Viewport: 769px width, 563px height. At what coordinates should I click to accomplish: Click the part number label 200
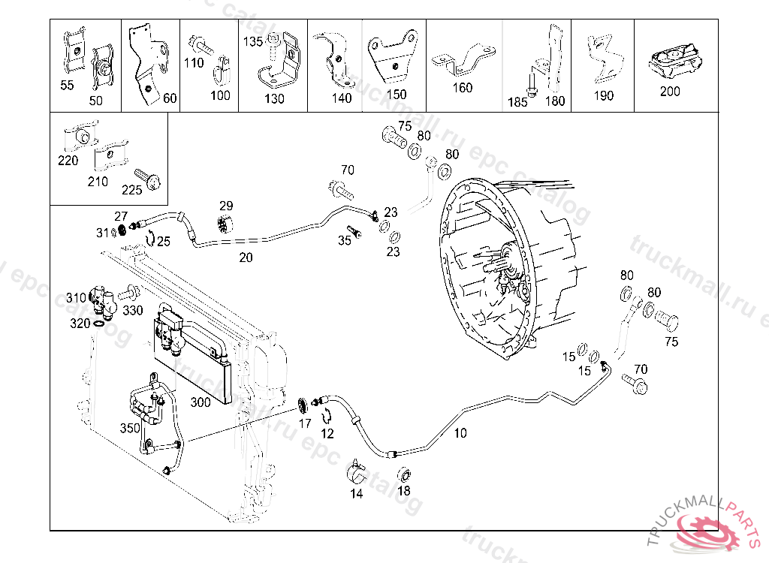click(x=670, y=92)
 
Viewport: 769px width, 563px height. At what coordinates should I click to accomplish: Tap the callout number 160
click(x=463, y=88)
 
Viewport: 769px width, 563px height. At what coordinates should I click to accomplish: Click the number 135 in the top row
click(x=252, y=42)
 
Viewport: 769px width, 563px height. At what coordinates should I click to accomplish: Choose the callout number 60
click(x=170, y=98)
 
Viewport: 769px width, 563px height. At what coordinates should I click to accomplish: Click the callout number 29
click(x=226, y=206)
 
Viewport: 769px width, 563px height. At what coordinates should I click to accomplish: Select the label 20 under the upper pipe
click(x=246, y=257)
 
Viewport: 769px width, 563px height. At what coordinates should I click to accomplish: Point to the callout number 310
click(x=76, y=298)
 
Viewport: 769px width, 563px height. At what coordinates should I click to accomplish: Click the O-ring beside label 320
click(x=99, y=324)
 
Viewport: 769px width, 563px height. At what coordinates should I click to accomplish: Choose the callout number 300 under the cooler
click(x=201, y=402)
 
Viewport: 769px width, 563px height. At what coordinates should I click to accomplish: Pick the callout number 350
click(x=130, y=429)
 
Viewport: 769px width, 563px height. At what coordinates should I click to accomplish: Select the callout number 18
click(x=404, y=491)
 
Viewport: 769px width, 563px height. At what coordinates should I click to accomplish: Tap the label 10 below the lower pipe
click(x=460, y=433)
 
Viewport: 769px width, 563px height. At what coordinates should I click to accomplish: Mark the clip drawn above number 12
click(x=327, y=415)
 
